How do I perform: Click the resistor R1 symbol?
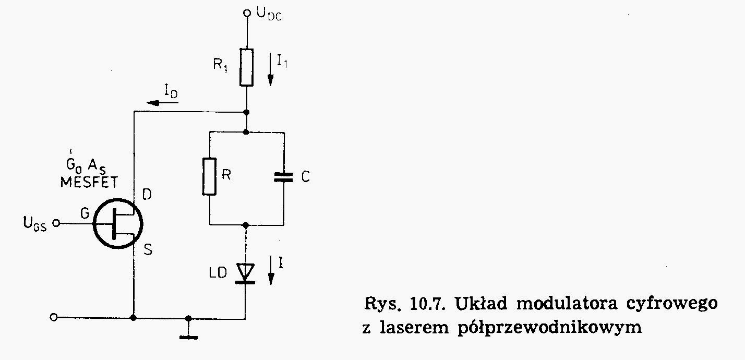pyautogui.click(x=246, y=67)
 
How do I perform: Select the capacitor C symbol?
pyautogui.click(x=284, y=177)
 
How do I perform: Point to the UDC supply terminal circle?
pyautogui.click(x=247, y=13)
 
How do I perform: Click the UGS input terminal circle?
pyautogui.click(x=56, y=223)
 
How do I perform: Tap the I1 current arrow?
pyautogui.click(x=271, y=69)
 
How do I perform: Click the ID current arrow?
pyautogui.click(x=162, y=103)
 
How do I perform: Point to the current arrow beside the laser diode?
pyautogui.click(x=271, y=270)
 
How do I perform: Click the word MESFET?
pyautogui.click(x=89, y=182)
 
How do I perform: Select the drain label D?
pyautogui.click(x=147, y=194)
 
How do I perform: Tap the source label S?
pyautogui.click(x=148, y=249)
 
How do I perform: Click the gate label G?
pyautogui.click(x=85, y=213)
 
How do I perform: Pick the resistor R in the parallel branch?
pyautogui.click(x=210, y=176)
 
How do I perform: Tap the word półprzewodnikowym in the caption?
pyautogui.click(x=550, y=328)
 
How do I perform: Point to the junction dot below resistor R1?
pyautogui.click(x=246, y=112)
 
